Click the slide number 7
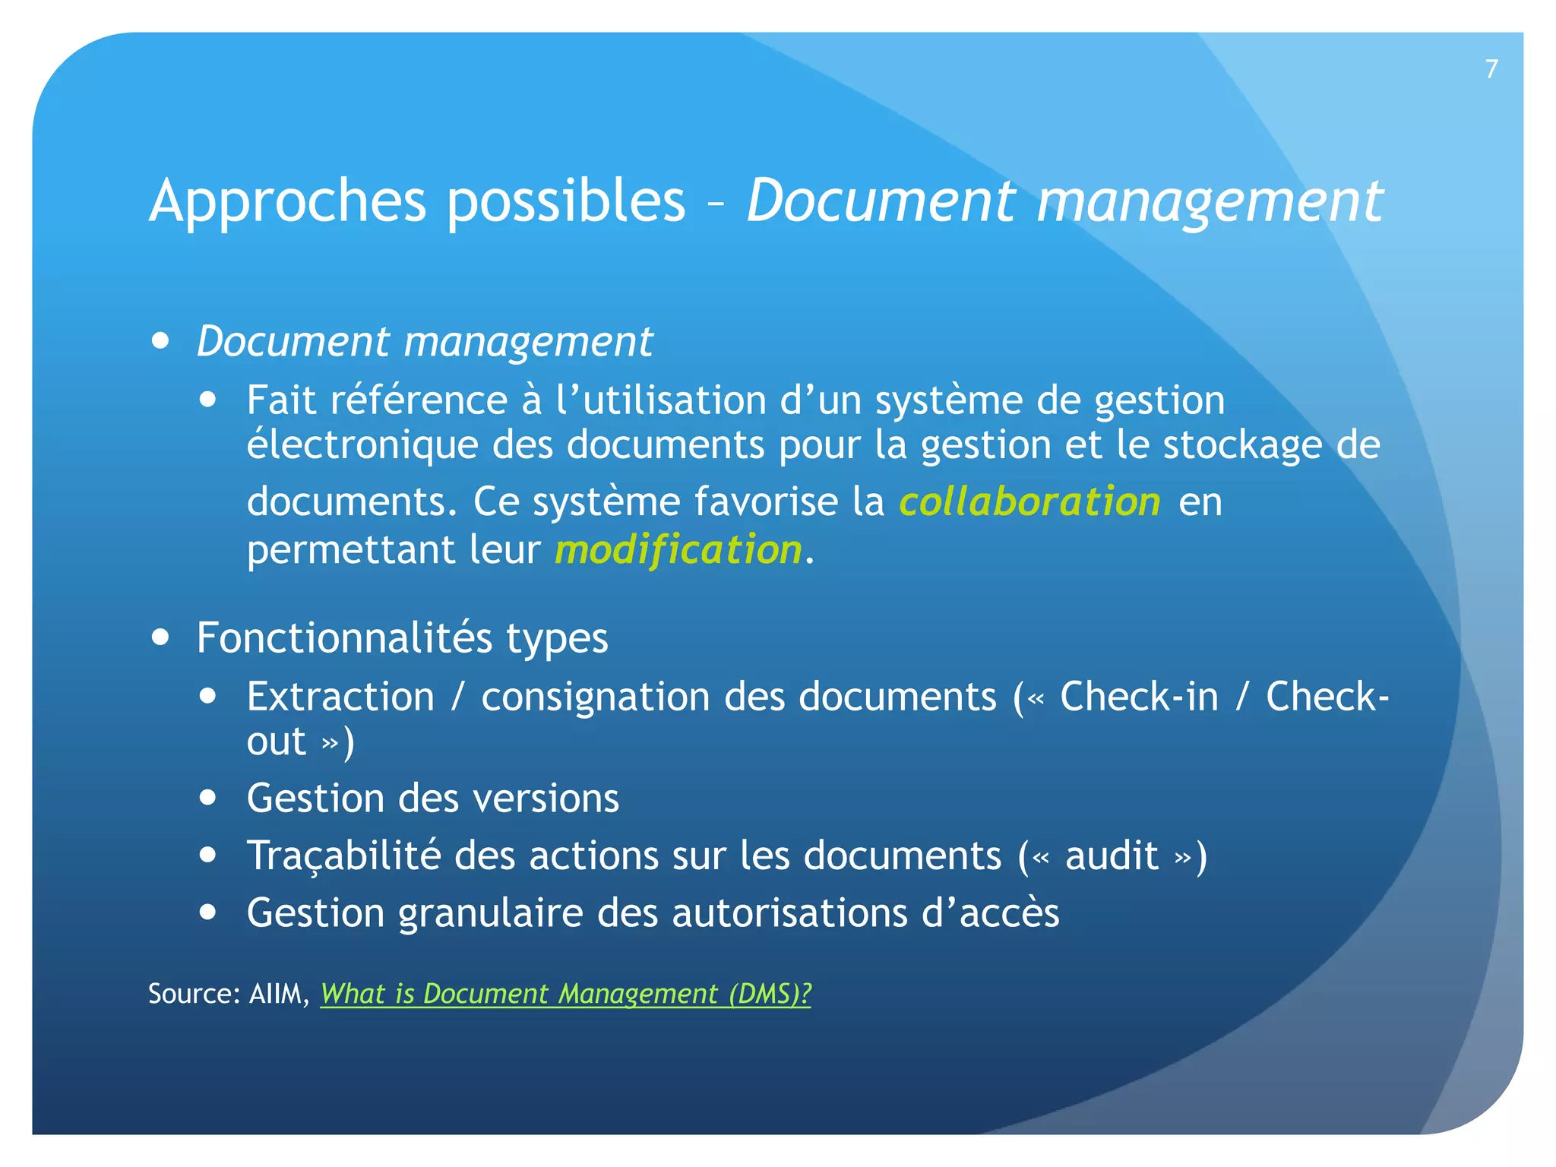coord(1491,69)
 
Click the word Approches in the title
coord(288,201)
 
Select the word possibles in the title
coord(565,201)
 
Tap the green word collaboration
coord(1029,501)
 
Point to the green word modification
coord(678,549)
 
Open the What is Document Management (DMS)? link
coord(565,994)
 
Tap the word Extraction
coord(340,697)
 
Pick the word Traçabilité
coord(343,855)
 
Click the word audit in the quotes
coord(1112,855)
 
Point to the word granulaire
coord(490,913)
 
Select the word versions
coord(546,799)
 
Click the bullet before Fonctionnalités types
coord(160,637)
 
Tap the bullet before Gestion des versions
coord(208,799)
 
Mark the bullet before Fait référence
coord(208,400)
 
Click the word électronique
coord(362,444)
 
